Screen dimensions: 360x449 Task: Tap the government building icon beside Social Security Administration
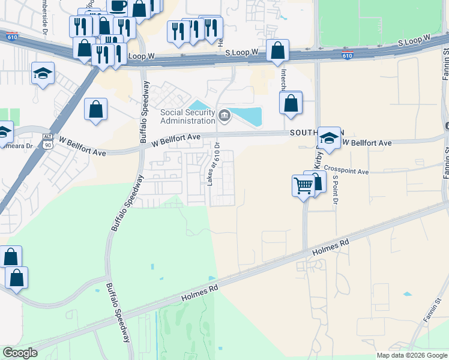point(225,115)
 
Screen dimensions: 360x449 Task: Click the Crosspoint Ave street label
point(346,170)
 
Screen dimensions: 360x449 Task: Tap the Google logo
point(20,353)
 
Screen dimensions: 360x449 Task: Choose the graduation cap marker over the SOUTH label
point(329,139)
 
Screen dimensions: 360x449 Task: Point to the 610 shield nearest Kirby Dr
point(347,56)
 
